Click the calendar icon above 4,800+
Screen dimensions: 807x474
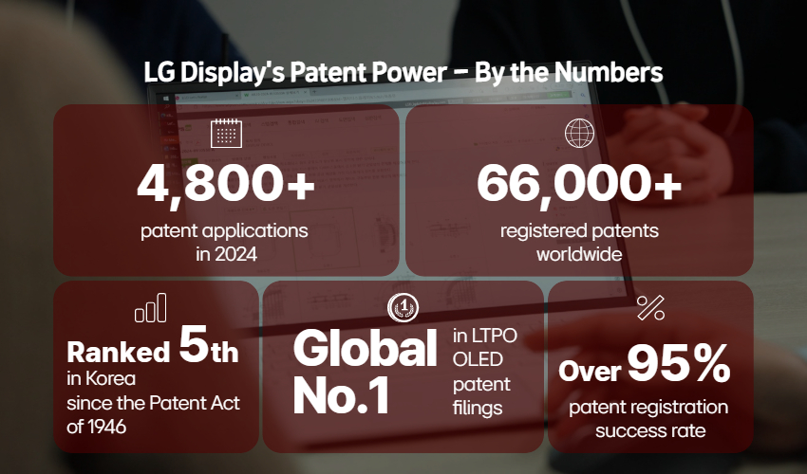227,133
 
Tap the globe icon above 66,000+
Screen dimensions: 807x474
579,133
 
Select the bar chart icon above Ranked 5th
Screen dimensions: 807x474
151,307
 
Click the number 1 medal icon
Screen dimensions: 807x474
403,307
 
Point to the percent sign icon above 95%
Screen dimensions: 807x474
650,308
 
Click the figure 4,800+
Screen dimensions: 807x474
226,185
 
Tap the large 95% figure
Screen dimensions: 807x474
679,363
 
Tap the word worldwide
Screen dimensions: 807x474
579,254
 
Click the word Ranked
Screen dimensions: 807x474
119,352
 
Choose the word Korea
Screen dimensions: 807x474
111,379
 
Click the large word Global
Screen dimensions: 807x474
365,349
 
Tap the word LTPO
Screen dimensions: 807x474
493,336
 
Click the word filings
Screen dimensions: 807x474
478,409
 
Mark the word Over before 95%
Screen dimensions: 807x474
590,370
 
